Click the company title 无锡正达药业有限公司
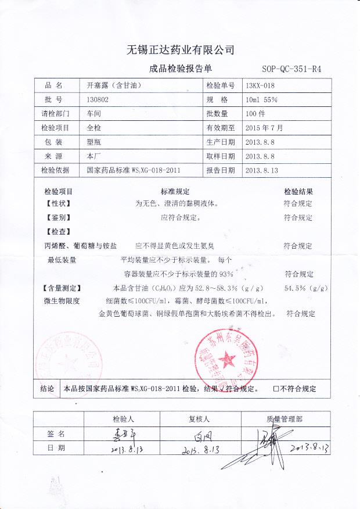coord(180,49)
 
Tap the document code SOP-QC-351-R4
coord(291,69)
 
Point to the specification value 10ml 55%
coord(261,99)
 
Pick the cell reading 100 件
coord(255,113)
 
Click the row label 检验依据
coord(55,170)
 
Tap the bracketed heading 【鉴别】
coord(57,218)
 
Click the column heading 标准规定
coord(175,191)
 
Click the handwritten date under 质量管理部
coord(309,448)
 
